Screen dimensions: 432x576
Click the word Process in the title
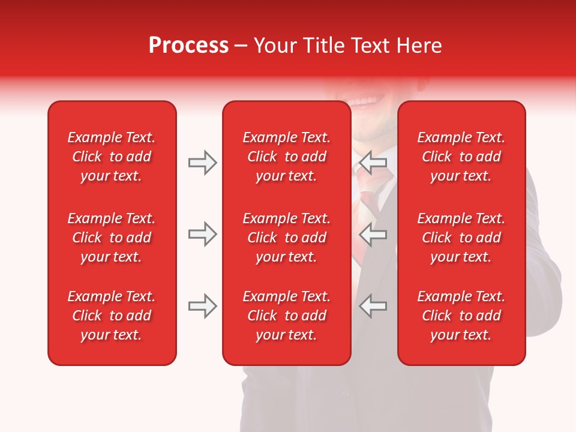188,46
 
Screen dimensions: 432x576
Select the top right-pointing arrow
202,163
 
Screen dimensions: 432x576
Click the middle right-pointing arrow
202,234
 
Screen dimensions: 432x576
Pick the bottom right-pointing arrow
202,306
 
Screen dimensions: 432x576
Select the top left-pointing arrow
373,163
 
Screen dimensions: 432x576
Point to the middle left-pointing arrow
373,234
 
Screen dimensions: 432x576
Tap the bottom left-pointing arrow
373,306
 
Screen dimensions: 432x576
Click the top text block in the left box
112,157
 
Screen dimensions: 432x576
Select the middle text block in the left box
112,238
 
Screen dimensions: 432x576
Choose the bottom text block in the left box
112,316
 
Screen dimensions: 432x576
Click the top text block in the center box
286,157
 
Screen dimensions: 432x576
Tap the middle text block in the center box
286,238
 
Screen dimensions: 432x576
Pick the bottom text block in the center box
286,316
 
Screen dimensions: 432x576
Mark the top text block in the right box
461,157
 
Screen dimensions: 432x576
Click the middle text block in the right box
461,238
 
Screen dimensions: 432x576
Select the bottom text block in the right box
461,316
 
